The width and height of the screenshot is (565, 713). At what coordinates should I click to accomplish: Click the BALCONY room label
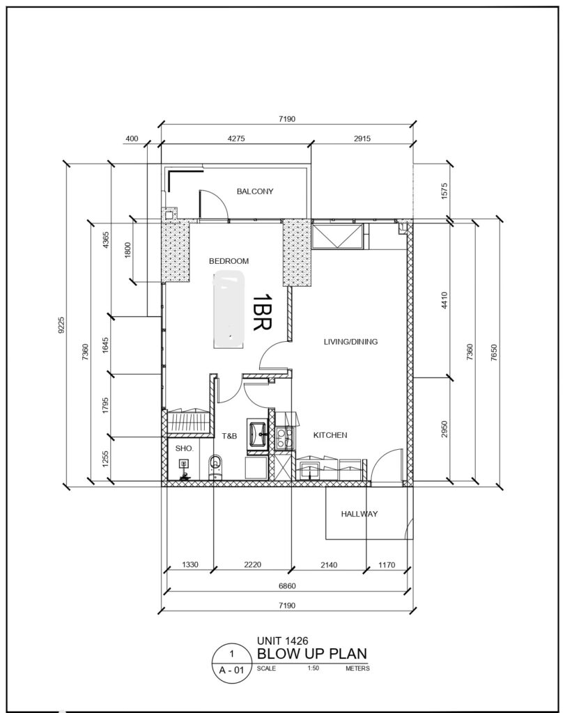tap(254, 191)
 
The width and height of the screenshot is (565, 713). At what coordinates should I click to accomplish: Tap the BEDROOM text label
tap(229, 261)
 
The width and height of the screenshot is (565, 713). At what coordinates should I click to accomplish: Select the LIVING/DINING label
tap(350, 342)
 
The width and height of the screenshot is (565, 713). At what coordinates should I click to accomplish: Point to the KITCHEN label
tap(330, 435)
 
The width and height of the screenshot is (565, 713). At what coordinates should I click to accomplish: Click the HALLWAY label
tap(359, 514)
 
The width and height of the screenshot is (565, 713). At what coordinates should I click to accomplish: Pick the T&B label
tap(230, 435)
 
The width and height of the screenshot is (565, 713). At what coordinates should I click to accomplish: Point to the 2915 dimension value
tap(362, 139)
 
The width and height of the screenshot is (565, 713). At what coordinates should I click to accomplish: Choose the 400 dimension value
tap(132, 139)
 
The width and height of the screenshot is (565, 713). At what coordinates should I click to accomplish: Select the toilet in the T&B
tap(215, 465)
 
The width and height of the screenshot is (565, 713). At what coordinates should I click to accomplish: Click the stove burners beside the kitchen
tap(284, 437)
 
